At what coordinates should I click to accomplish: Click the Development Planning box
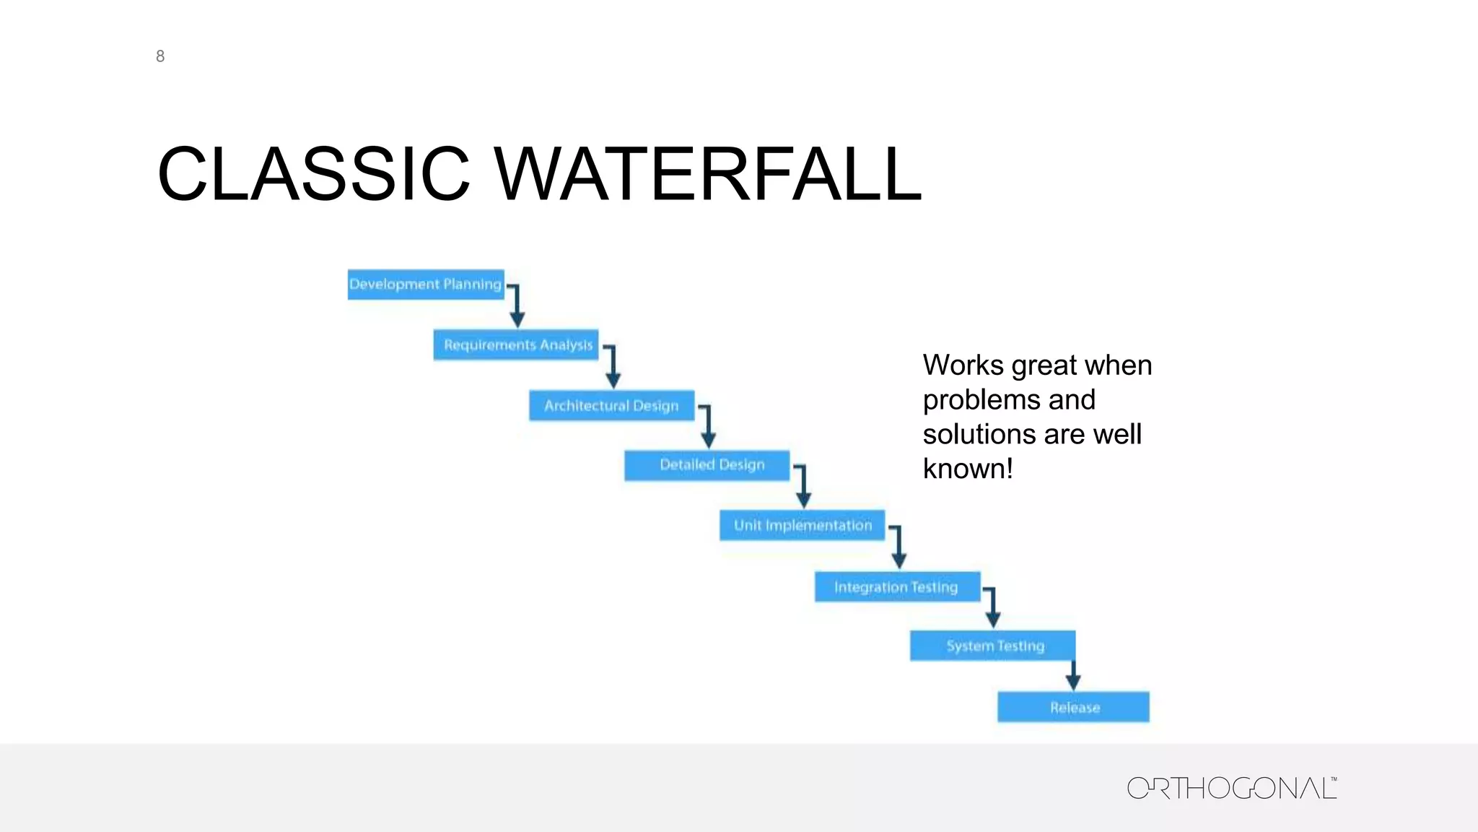(x=425, y=285)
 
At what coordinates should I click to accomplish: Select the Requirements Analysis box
(x=516, y=345)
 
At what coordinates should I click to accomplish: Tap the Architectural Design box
(x=611, y=406)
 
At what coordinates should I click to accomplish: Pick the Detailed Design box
(x=707, y=465)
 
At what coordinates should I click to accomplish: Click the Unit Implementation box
(x=802, y=526)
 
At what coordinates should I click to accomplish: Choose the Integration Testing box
(x=897, y=587)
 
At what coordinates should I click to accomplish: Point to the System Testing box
(x=992, y=646)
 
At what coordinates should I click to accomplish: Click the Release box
(x=1073, y=707)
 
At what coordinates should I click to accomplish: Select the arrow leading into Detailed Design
(x=708, y=427)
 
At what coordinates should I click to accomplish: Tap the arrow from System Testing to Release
(x=1073, y=676)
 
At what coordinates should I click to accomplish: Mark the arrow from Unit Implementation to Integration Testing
(x=898, y=547)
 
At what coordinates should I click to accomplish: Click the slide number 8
(x=160, y=56)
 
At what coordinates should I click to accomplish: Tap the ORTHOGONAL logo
(x=1231, y=788)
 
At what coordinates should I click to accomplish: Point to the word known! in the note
(x=968, y=469)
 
